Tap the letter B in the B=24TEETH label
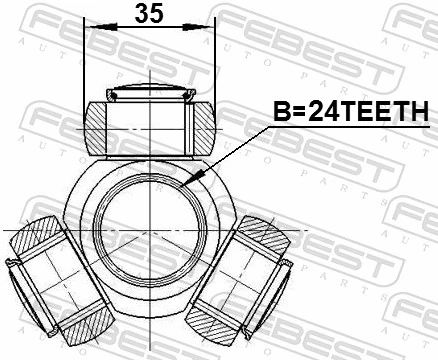pyautogui.click(x=281, y=116)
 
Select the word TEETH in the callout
pyautogui.click(x=392, y=116)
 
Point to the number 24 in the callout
pyautogui.click(x=324, y=116)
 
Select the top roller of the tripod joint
pyautogui.click(x=149, y=124)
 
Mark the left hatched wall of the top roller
pyautogui.click(x=95, y=127)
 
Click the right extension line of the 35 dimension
pyautogui.click(x=215, y=60)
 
